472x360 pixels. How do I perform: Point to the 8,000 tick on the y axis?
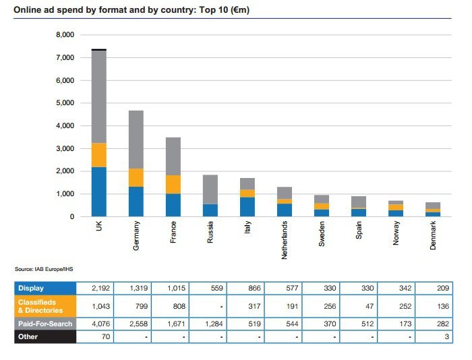[x=65, y=35]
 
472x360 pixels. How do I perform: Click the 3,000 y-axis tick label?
[x=65, y=148]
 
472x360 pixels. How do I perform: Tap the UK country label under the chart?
[x=98, y=228]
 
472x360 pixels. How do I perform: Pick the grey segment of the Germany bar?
[x=136, y=140]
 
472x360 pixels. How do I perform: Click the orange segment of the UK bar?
[x=98, y=155]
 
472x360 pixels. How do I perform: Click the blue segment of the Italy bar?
[x=247, y=206]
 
